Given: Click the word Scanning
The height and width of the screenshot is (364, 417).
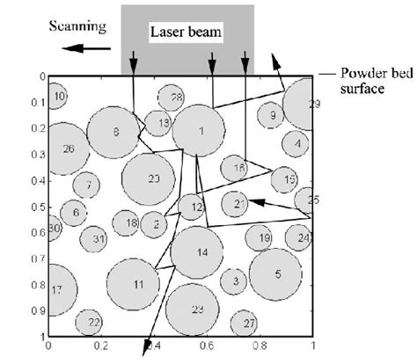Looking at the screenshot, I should point(78,26).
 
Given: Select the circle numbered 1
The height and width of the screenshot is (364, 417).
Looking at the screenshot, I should point(201,131).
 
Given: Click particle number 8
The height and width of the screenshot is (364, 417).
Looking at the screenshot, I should point(116,132).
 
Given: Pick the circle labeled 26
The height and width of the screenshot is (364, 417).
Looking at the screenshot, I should point(68,149).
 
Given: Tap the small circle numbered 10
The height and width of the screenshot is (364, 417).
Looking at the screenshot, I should point(57,96).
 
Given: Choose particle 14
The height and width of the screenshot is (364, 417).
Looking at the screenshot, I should point(201,252).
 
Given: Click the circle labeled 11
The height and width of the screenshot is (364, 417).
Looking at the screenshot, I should point(137,285).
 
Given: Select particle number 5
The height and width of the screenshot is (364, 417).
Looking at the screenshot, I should point(277,274).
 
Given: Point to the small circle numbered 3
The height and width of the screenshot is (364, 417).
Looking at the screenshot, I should point(235,281).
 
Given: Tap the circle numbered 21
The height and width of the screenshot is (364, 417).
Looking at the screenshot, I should point(237,204).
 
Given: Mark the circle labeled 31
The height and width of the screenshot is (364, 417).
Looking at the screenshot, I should point(98,238).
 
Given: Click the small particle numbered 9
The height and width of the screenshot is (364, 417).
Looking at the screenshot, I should point(272,115).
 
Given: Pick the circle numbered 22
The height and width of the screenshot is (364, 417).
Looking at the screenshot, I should point(93,324).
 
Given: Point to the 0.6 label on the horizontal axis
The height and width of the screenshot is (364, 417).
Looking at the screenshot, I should point(206,346).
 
